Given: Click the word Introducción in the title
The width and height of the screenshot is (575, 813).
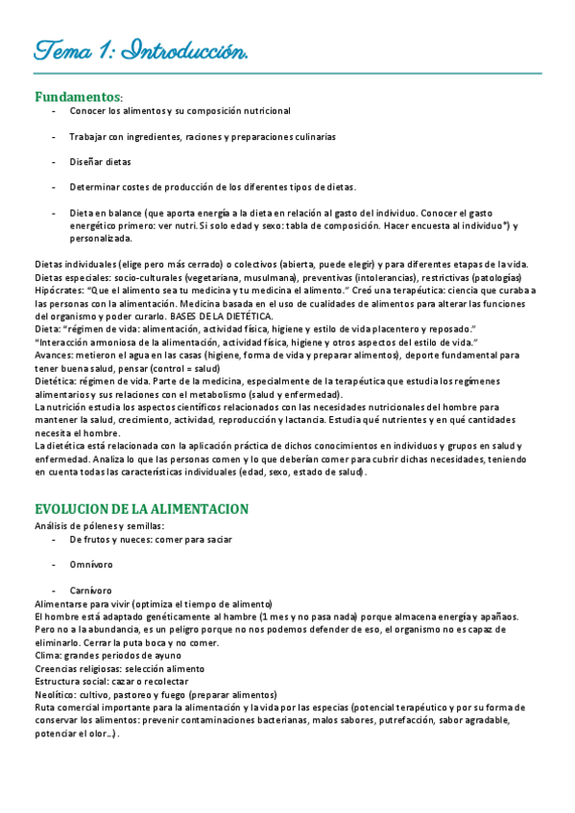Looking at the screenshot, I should [187, 50].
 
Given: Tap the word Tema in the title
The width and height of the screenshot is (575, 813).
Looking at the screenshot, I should [63, 50].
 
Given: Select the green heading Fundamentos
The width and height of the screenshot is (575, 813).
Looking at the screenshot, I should [78, 97].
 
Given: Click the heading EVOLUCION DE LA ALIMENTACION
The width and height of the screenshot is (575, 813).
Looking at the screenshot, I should [141, 508].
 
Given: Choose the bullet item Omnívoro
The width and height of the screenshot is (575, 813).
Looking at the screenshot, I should [91, 565].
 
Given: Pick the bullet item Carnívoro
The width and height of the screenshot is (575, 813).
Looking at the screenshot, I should [90, 591].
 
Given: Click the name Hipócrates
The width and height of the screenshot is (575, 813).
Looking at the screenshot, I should [57, 290].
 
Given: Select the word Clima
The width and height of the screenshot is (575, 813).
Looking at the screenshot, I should [47, 655].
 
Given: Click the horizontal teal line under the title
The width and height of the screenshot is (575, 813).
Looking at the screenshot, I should [287, 73].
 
